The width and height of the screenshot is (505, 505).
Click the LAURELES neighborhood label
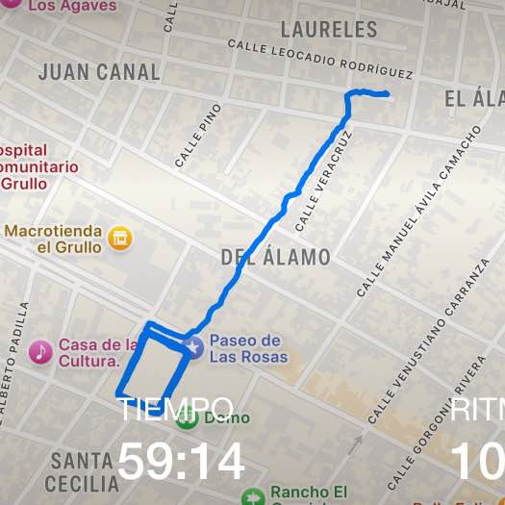[x=330, y=30]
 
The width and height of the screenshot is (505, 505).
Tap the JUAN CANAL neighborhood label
[x=99, y=72]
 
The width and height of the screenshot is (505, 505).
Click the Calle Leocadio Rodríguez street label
[x=320, y=60]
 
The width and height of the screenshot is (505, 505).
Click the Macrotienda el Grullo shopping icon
[x=120, y=238]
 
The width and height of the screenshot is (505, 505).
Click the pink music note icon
[x=40, y=352]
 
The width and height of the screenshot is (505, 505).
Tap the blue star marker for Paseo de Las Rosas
[x=194, y=347]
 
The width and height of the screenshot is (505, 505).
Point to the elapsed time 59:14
[x=181, y=463]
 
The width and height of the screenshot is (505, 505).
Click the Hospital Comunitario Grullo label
[x=38, y=166]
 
